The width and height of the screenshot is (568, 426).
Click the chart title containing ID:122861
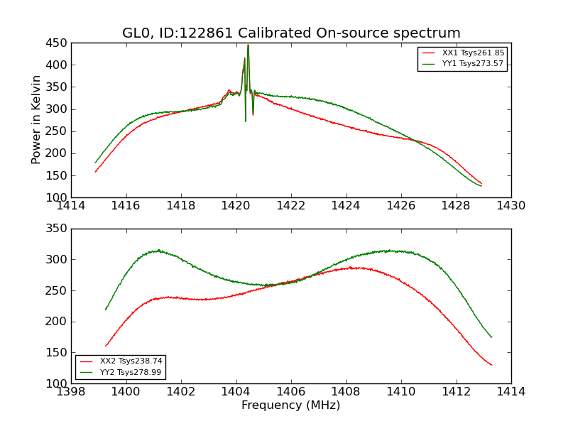pos(291,33)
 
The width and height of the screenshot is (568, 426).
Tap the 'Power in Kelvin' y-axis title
pos(37,120)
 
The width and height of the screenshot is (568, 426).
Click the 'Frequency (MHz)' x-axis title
pos(291,405)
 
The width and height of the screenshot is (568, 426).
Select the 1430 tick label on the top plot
pos(510,206)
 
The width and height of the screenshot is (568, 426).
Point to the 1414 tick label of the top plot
pos(71,206)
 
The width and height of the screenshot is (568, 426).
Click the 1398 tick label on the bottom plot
pos(71,392)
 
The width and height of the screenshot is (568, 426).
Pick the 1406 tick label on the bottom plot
pos(291,392)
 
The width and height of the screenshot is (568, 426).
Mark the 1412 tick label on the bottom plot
pos(456,392)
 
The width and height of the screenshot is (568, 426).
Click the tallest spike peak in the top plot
pos(248,45)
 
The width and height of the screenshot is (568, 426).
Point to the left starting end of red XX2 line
pos(106,346)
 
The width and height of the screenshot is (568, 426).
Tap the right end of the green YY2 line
pos(491,337)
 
